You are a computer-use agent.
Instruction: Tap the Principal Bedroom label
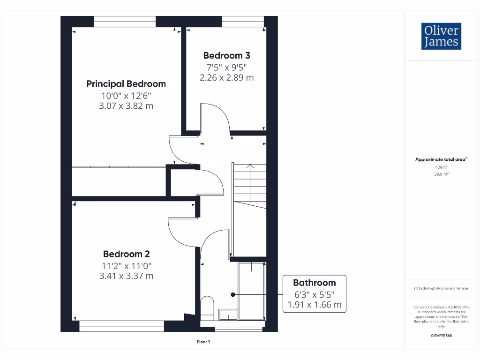pyautogui.click(x=126, y=84)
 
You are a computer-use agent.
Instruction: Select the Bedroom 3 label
pyautogui.click(x=226, y=56)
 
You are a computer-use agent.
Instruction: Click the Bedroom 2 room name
pyautogui.click(x=126, y=254)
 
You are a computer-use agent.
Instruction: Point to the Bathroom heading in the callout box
pyautogui.click(x=314, y=283)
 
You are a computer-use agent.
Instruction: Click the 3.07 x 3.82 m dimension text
pyautogui.click(x=126, y=106)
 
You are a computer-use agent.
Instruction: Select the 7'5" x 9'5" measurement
pyautogui.click(x=226, y=67)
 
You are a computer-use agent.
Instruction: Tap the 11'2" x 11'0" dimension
pyautogui.click(x=126, y=266)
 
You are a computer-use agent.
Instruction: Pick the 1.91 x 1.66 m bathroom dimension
pyautogui.click(x=314, y=305)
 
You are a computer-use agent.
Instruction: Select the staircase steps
pyautogui.click(x=249, y=183)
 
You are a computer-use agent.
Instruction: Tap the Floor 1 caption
pyautogui.click(x=204, y=342)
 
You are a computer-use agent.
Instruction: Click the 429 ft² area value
pyautogui.click(x=441, y=167)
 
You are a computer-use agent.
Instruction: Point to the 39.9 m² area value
pyautogui.click(x=441, y=174)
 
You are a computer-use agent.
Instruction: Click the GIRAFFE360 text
pyautogui.click(x=441, y=336)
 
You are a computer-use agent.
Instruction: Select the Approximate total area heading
pyautogui.click(x=441, y=159)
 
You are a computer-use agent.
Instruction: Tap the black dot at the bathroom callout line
pyautogui.click(x=232, y=294)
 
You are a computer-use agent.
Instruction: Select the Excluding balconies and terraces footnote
pyautogui.click(x=441, y=288)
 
